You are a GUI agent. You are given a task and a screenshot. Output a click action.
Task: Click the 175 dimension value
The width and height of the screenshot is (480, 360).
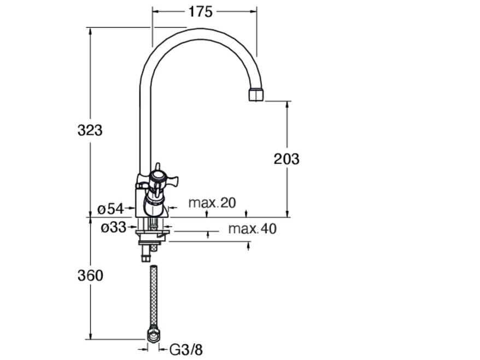point(200,12)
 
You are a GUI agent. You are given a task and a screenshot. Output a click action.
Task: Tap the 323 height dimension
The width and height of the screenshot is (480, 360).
point(90,131)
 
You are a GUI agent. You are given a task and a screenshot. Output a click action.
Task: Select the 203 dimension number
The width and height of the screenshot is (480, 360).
point(286,159)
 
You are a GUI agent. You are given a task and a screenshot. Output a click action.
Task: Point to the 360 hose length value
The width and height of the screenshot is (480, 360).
point(90,275)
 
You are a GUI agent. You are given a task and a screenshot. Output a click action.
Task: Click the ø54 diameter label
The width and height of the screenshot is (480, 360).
point(110,209)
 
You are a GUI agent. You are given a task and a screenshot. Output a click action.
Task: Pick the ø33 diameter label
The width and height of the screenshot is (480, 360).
point(114,227)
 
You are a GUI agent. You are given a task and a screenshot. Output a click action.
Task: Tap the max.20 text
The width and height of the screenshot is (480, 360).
point(212,203)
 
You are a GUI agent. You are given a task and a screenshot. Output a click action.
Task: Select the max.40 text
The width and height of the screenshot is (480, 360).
point(252,228)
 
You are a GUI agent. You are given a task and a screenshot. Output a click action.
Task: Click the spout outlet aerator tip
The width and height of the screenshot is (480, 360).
point(256,95)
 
